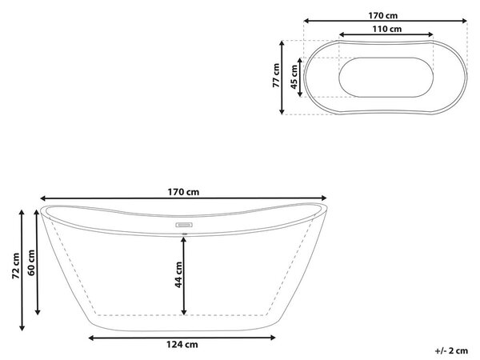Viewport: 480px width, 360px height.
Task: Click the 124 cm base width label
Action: point(182,345)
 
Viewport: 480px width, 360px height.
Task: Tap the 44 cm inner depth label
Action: point(178,274)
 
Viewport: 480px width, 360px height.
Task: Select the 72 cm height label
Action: point(16,266)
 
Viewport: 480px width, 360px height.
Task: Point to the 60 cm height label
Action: point(31,262)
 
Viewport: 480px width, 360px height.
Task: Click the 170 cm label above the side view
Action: point(183,192)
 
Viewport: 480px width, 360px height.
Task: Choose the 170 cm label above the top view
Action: point(382,15)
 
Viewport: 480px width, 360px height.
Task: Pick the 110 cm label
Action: point(387,29)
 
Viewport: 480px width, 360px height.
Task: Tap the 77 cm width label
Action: point(276,75)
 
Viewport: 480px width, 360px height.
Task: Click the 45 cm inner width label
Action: point(294,77)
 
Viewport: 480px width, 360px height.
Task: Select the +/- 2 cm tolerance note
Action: point(451,350)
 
